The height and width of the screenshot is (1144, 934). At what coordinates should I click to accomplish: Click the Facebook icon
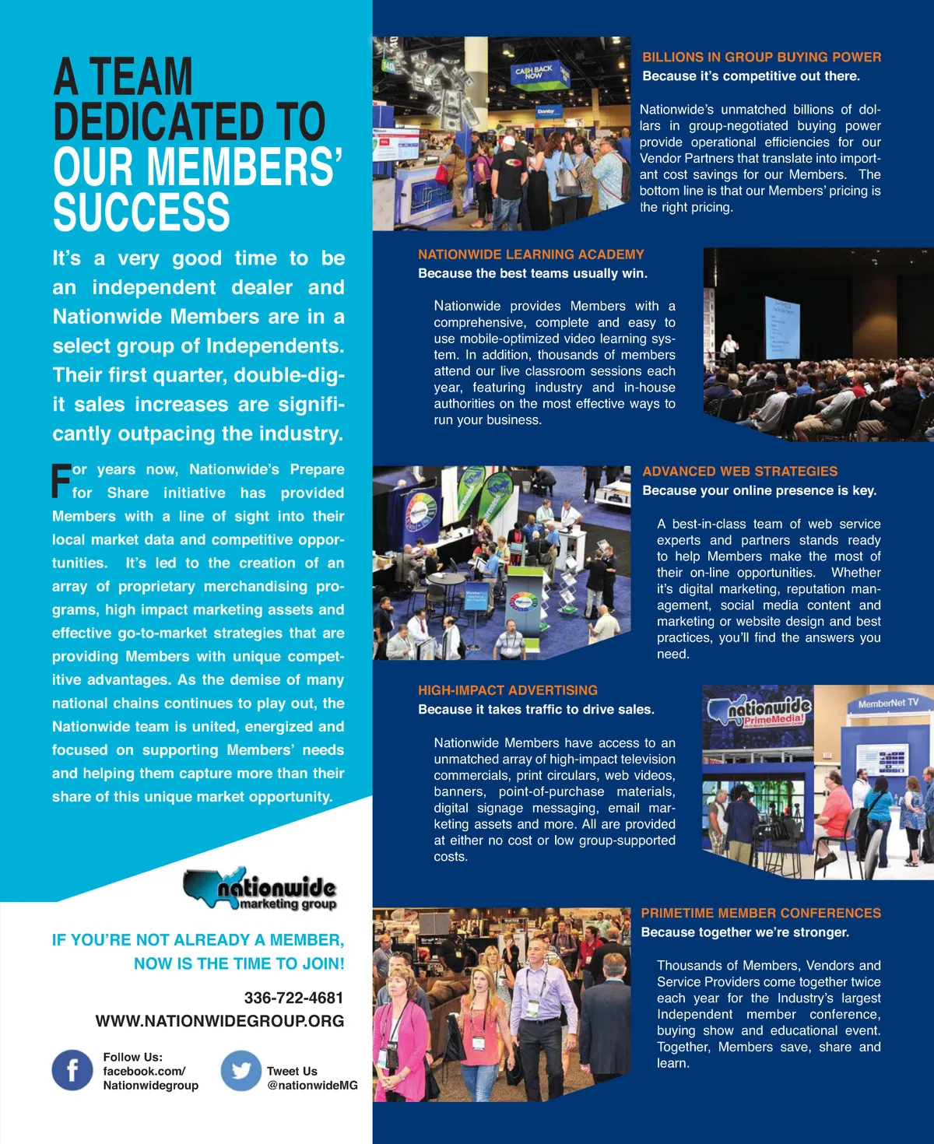pyautogui.click(x=72, y=1070)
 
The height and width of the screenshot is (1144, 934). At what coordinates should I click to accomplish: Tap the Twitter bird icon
pyautogui.click(x=241, y=1070)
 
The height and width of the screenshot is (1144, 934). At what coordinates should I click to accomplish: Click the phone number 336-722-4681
pyautogui.click(x=293, y=998)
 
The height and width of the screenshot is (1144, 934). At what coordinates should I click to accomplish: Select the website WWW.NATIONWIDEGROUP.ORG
pyautogui.click(x=219, y=1021)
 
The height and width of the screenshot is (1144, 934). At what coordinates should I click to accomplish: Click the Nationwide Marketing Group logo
pyautogui.click(x=261, y=890)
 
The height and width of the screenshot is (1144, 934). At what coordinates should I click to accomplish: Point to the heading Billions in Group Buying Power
pyautogui.click(x=761, y=57)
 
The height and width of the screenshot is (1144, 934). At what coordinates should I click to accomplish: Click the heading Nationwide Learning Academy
pyautogui.click(x=531, y=254)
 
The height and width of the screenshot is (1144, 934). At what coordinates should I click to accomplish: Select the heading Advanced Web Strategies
pyautogui.click(x=739, y=471)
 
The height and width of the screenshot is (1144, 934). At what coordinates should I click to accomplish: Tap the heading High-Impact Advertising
pyautogui.click(x=507, y=690)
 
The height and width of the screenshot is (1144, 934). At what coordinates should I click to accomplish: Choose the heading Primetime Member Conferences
pyautogui.click(x=760, y=913)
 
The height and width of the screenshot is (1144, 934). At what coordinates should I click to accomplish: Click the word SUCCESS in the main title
pyautogui.click(x=142, y=212)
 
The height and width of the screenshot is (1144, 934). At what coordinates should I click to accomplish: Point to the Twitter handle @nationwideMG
pyautogui.click(x=312, y=1086)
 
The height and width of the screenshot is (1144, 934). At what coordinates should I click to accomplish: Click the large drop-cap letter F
pyautogui.click(x=61, y=481)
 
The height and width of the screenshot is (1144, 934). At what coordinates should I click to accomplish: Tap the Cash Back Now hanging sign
pyautogui.click(x=534, y=73)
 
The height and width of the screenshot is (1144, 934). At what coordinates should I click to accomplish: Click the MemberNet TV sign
pyautogui.click(x=888, y=704)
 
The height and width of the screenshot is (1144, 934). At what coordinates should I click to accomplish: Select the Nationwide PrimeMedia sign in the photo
pyautogui.click(x=759, y=711)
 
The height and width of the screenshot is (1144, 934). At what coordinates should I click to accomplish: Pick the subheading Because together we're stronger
pyautogui.click(x=745, y=932)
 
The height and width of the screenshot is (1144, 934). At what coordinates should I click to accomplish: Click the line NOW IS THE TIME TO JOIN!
pyautogui.click(x=239, y=963)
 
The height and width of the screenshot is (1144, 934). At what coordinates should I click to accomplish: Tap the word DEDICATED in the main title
pyautogui.click(x=189, y=121)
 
